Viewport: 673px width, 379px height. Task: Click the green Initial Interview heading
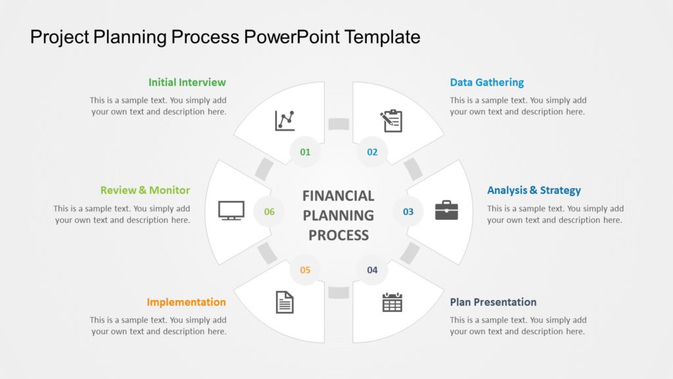pyautogui.click(x=187, y=82)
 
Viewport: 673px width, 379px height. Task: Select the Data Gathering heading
pyautogui.click(x=486, y=82)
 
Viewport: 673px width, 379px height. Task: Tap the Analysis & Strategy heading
pyautogui.click(x=534, y=190)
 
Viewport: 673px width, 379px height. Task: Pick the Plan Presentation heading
pyautogui.click(x=493, y=302)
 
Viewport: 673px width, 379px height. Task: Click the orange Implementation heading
pyautogui.click(x=186, y=302)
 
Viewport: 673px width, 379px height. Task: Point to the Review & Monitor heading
pyautogui.click(x=145, y=190)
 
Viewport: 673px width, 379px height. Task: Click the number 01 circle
pyautogui.click(x=305, y=152)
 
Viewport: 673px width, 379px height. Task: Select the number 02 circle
pyautogui.click(x=372, y=152)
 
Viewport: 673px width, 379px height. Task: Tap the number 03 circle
pyautogui.click(x=408, y=211)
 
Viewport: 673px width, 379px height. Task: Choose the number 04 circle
pyautogui.click(x=372, y=270)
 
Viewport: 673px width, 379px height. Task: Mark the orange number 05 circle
pyautogui.click(x=305, y=270)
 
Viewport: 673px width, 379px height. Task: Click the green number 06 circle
pyautogui.click(x=269, y=211)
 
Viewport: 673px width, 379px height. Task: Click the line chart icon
pyautogui.click(x=285, y=120)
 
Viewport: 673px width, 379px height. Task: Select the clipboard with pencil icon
pyautogui.click(x=391, y=120)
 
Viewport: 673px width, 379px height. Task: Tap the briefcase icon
pyautogui.click(x=446, y=210)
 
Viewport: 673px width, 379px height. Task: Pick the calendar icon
pyautogui.click(x=392, y=302)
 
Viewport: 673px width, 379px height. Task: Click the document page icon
pyautogui.click(x=285, y=302)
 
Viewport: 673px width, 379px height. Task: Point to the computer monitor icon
pyautogui.click(x=231, y=210)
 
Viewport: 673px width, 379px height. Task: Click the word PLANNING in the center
pyautogui.click(x=338, y=215)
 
